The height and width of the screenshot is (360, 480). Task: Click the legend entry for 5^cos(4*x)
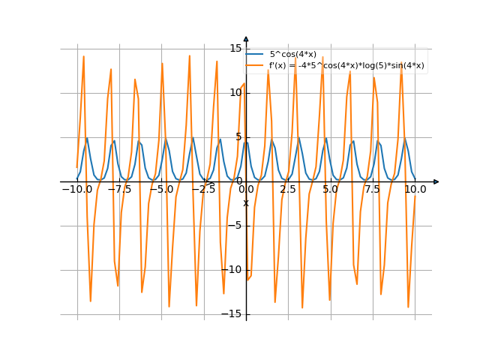[292, 54]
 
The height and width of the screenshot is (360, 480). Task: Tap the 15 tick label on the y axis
[235, 49]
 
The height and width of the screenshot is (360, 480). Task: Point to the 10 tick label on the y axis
[235, 93]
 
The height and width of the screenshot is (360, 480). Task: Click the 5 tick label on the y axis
[238, 137]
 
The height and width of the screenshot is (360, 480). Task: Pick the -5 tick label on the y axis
[236, 226]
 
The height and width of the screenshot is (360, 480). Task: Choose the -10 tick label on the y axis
[234, 270]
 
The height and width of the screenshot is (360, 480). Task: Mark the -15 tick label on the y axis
[234, 314]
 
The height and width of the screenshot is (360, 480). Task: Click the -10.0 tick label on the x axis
[76, 190]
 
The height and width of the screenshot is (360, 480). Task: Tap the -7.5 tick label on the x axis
[118, 190]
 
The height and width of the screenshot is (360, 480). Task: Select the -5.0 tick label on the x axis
[161, 190]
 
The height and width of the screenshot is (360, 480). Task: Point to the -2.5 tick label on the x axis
[203, 190]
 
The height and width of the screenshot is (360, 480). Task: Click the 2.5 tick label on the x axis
[288, 190]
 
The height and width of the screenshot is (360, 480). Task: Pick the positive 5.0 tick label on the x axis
[331, 190]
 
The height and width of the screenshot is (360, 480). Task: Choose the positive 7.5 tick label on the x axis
[373, 190]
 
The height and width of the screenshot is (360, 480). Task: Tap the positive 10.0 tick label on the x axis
[415, 190]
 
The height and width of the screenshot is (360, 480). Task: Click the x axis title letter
[245, 202]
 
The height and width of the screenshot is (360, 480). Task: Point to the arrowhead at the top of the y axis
[246, 38]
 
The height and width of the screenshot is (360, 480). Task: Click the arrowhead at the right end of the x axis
[436, 181]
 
